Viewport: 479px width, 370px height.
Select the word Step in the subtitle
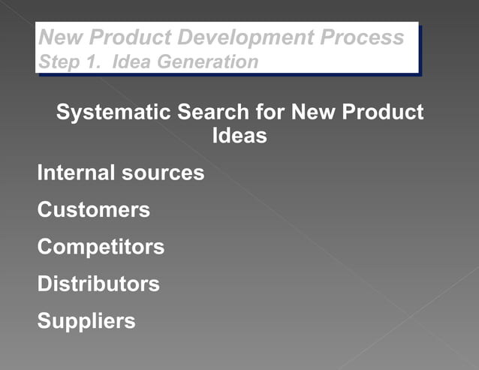(x=55, y=61)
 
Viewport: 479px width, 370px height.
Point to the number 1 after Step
(x=89, y=61)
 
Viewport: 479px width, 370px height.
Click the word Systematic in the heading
(x=114, y=113)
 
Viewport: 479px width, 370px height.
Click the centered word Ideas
(x=240, y=137)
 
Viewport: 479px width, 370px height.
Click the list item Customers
(x=93, y=209)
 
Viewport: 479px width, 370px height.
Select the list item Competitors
(x=101, y=247)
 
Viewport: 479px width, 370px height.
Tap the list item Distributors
(x=98, y=284)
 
